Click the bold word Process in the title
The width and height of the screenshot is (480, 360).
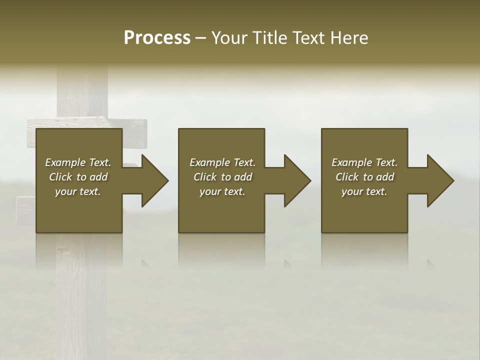157,38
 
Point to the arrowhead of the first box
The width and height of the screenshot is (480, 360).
153,180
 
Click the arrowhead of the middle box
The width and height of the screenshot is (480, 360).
295,180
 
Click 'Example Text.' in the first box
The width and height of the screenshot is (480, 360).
78,162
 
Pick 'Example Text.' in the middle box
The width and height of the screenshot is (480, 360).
222,162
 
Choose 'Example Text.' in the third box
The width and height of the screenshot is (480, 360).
364,162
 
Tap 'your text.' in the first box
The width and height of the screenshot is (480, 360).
78,191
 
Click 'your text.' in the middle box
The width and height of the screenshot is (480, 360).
222,191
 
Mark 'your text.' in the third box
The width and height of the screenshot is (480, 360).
364,191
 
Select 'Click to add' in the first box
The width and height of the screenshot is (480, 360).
78,177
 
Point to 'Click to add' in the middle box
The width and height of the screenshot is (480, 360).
222,177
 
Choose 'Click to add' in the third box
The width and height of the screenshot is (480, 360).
364,177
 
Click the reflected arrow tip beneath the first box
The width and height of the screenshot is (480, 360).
146,263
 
